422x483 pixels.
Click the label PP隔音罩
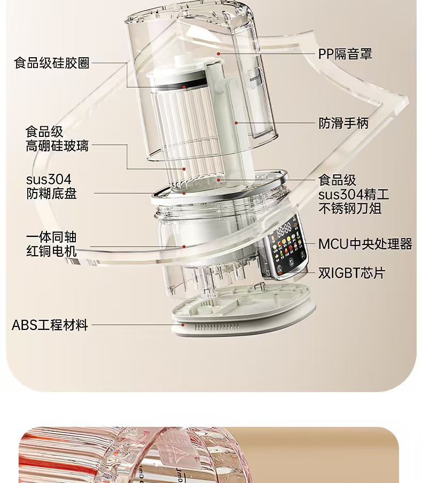[345, 54]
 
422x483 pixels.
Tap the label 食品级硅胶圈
[52, 63]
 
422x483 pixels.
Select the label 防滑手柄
[343, 123]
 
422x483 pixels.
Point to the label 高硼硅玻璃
[57, 145]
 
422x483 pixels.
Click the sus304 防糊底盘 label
[51, 187]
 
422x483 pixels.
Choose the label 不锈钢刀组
[350, 209]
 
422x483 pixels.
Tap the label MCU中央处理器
[365, 244]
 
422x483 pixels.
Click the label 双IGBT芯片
[351, 273]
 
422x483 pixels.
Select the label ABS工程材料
[50, 325]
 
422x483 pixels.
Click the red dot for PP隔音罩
[218, 53]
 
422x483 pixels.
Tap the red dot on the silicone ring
[184, 87]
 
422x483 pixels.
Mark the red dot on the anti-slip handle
[236, 123]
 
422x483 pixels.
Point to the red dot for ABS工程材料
[183, 325]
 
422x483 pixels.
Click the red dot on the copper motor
[184, 247]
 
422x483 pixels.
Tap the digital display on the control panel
[284, 229]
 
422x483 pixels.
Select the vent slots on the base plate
[216, 327]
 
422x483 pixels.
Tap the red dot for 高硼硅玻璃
[184, 169]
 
